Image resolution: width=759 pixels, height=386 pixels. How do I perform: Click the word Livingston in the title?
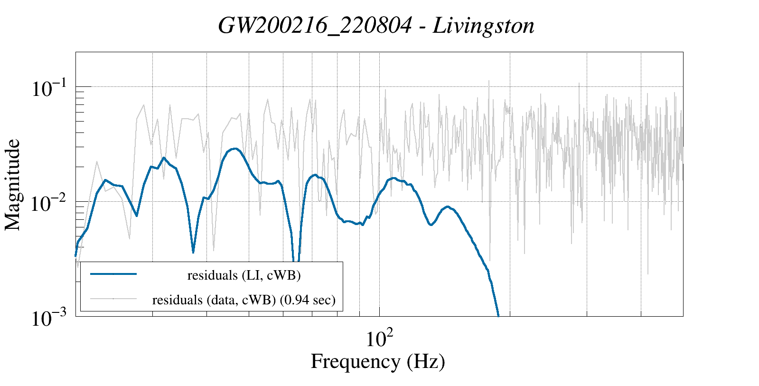484,26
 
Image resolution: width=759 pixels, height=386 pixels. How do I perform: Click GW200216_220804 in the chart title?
315,26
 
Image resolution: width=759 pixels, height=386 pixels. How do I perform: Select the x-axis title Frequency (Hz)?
378,361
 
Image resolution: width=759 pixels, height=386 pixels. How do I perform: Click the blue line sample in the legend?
113,274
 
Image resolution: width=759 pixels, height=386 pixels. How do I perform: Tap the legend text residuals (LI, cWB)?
244,275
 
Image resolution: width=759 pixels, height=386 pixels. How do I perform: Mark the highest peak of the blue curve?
234,149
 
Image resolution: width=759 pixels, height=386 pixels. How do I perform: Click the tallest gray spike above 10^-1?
488,81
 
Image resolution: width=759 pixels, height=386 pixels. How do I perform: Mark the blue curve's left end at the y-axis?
76,255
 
